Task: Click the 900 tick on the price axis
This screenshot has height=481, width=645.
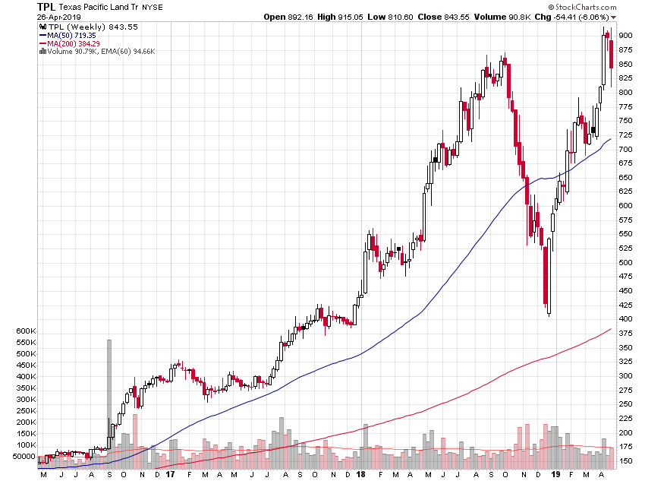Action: coord(625,36)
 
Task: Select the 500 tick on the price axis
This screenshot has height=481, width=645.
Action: coord(625,262)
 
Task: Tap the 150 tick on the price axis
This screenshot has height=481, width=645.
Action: coord(625,460)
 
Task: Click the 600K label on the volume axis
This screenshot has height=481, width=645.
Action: coord(25,331)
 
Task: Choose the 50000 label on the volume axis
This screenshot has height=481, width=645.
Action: coord(25,457)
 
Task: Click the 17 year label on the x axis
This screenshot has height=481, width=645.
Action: coord(170,474)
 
